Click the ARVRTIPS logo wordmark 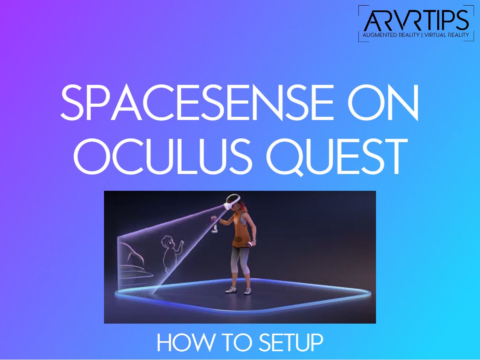416,21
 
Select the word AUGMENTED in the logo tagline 380,36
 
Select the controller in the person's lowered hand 251,244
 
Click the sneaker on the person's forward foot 232,289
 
